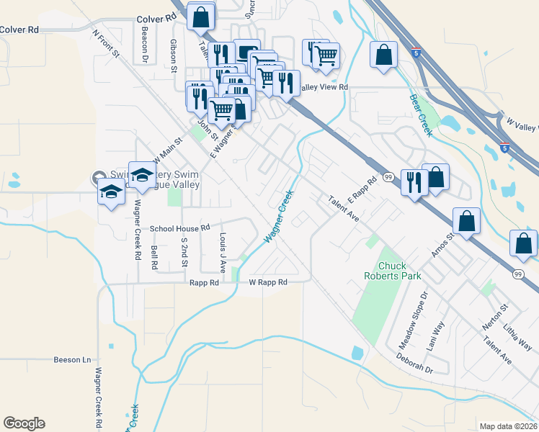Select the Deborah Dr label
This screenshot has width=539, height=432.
click(414, 363)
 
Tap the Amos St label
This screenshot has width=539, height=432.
click(445, 245)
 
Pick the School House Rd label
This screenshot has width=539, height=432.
click(179, 228)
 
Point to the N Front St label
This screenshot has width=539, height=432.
click(110, 46)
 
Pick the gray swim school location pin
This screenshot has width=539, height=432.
click(97, 177)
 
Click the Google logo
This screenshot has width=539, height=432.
click(24, 423)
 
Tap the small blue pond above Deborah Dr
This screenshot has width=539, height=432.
click(358, 353)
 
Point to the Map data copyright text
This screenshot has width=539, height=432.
click(508, 426)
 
